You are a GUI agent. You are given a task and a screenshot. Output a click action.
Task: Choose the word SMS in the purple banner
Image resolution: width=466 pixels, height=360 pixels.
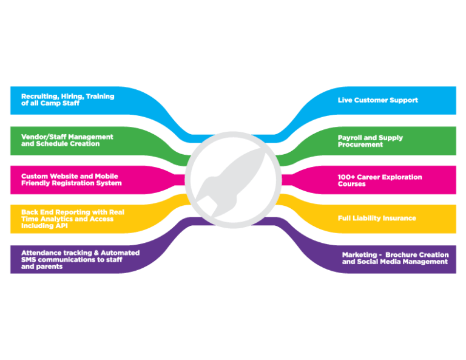click(x=29, y=259)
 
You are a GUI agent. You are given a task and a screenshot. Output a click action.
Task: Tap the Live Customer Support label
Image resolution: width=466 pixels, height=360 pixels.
click(x=377, y=100)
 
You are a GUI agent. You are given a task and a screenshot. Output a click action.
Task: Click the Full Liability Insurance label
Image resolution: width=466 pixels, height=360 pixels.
click(x=377, y=218)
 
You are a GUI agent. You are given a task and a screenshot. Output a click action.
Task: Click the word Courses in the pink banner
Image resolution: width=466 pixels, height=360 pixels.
click(x=352, y=184)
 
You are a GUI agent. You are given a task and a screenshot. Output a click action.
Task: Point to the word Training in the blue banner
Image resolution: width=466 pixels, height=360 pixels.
click(x=100, y=96)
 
